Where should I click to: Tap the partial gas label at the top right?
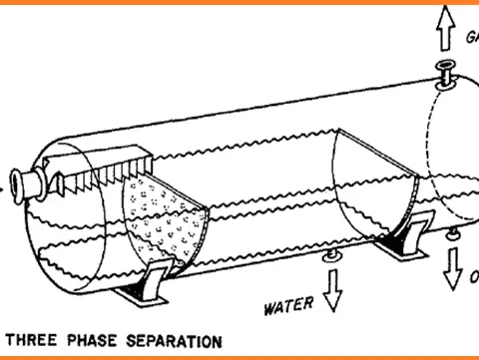tap(471, 38)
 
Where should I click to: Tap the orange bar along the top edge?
tap(239, 2)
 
